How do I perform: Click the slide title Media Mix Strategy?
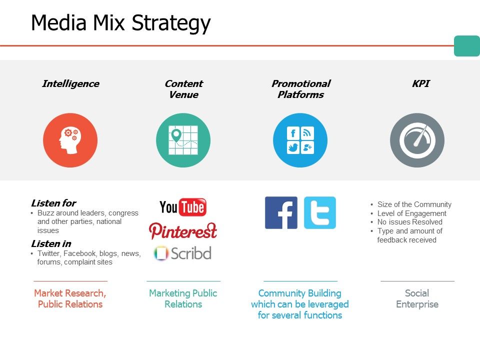tap(120, 23)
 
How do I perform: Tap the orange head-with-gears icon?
tap(70, 140)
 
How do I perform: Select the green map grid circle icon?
tap(183, 140)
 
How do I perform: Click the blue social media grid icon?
tap(300, 140)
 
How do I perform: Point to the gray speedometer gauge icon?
tap(417, 140)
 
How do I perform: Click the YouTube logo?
tap(183, 207)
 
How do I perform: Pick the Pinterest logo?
tap(183, 231)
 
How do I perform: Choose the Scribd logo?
tap(183, 253)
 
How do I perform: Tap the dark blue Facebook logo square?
tap(281, 213)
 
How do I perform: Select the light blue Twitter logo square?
tap(320, 213)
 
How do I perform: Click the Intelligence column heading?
tap(70, 84)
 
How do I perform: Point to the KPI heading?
tap(420, 84)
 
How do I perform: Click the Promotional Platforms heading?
tap(300, 89)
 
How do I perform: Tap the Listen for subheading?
tap(53, 203)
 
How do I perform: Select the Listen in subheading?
tap(51, 244)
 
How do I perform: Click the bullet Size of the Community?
tap(414, 204)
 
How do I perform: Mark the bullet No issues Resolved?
tap(409, 222)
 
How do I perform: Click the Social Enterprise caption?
tap(417, 298)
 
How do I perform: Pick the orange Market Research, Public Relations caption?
tap(70, 298)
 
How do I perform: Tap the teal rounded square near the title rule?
tap(466, 46)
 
